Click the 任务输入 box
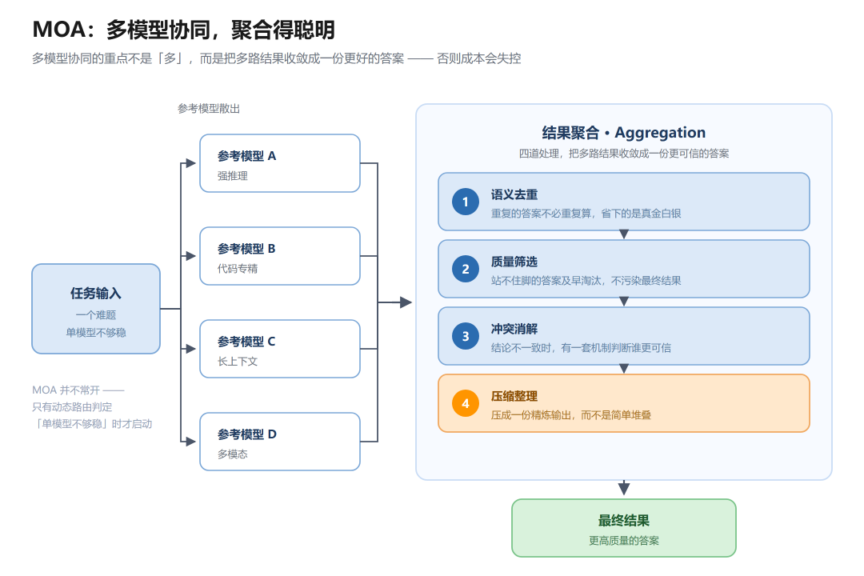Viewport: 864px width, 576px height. (96, 309)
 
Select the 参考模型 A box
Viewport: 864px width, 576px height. (280, 163)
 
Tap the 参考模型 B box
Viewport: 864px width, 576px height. (280, 256)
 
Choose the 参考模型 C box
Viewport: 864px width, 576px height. (280, 349)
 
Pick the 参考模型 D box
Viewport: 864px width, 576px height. (280, 442)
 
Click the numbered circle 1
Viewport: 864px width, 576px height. (466, 202)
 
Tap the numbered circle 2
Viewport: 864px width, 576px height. (466, 269)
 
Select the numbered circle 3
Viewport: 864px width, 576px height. (466, 336)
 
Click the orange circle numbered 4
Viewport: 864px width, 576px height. (466, 403)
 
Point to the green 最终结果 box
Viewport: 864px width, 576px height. (624, 528)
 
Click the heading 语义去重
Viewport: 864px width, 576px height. (514, 194)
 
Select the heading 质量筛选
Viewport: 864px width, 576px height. (514, 262)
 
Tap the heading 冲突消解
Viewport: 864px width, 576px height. (514, 329)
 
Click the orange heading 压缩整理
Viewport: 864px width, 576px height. (514, 396)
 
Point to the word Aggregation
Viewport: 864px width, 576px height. (660, 133)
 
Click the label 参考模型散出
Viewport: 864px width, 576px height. (209, 109)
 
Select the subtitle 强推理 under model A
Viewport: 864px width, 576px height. (233, 176)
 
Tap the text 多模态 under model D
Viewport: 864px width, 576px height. (233, 454)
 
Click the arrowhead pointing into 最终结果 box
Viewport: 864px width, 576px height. (624, 488)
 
